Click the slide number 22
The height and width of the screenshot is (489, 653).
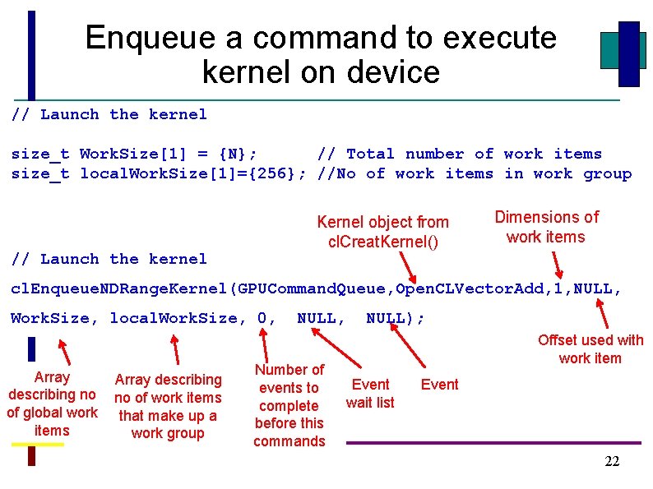click(612, 462)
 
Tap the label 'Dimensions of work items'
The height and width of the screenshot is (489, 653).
click(546, 227)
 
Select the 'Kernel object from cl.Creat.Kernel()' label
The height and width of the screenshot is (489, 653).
click(382, 232)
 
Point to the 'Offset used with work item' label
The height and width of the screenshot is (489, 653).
click(590, 349)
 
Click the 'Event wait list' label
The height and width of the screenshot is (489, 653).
click(370, 393)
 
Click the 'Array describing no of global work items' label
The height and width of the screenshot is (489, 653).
click(52, 404)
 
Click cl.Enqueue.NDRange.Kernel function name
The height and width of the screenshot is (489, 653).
click(120, 289)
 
